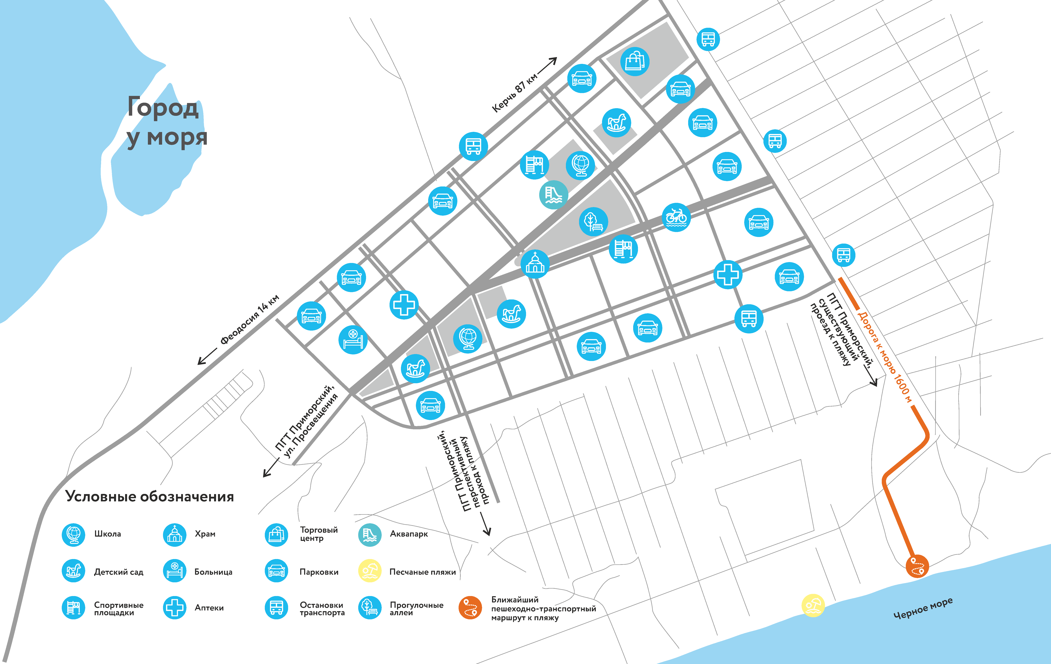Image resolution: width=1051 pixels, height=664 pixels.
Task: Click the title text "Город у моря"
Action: (166, 122)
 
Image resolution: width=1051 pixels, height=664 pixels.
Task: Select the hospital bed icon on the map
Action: (353, 339)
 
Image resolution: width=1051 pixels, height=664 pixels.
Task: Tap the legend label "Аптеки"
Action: (209, 608)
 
